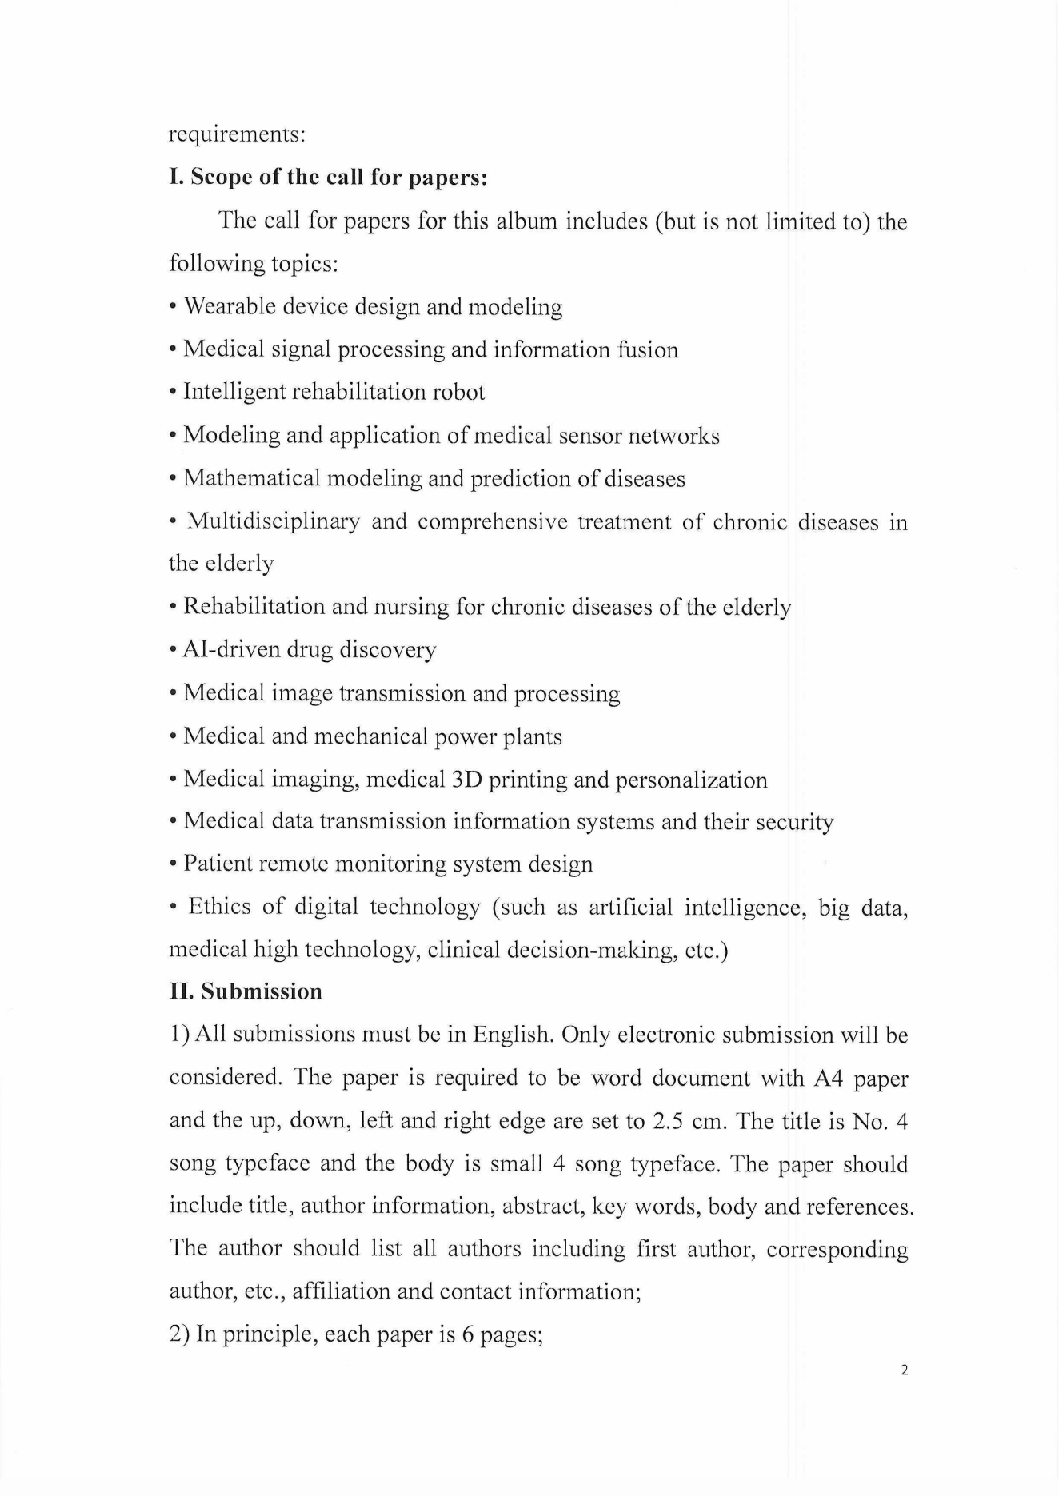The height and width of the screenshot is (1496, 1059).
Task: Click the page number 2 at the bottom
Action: pyautogui.click(x=904, y=1370)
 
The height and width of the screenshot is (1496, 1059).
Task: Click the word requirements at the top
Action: pyautogui.click(x=237, y=134)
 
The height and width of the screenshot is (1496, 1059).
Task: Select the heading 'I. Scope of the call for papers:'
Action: pyautogui.click(x=329, y=177)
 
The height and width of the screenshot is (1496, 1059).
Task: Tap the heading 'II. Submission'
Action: pyautogui.click(x=246, y=992)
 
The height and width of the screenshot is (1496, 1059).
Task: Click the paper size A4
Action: pyautogui.click(x=828, y=1079)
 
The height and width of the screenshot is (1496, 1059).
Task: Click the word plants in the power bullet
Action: pyautogui.click(x=532, y=736)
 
